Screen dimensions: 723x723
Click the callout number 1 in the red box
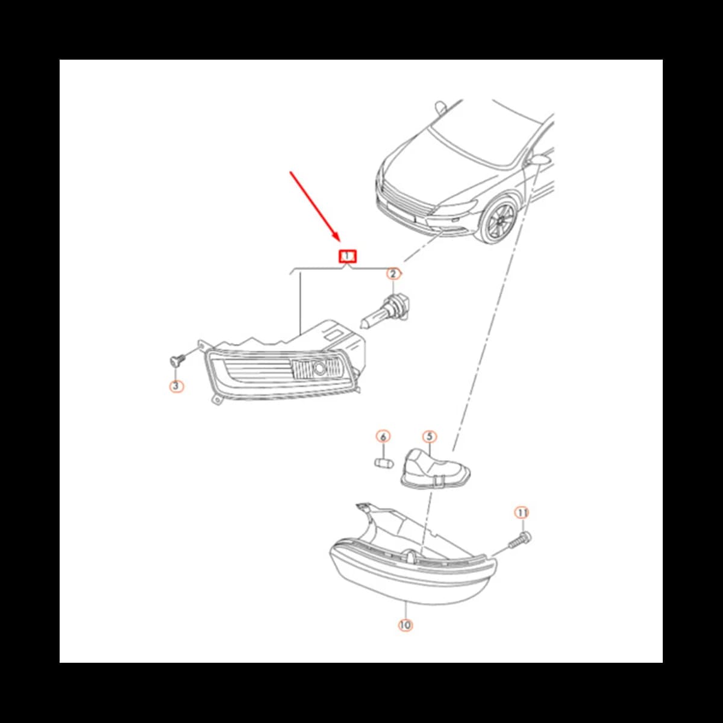[348, 256]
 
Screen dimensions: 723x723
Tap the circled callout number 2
[393, 275]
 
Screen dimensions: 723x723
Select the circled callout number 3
[175, 386]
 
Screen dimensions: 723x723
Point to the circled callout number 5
[429, 436]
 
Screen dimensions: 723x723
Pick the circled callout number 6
[383, 436]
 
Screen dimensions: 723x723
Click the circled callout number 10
[405, 625]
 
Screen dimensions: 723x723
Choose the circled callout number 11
[522, 513]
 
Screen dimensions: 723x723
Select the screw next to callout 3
[176, 361]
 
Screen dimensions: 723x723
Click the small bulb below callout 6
[383, 463]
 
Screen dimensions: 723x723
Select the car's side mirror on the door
[537, 161]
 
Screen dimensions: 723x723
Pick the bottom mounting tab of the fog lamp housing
[215, 400]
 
